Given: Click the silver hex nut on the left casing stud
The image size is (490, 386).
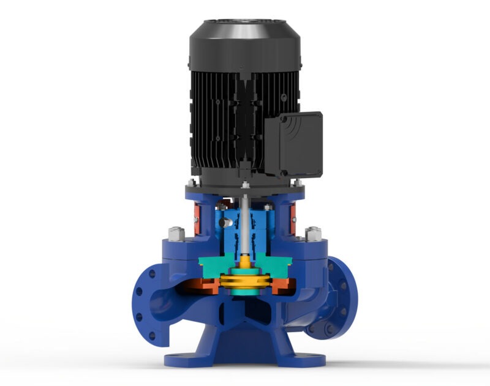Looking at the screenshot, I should [x=173, y=233].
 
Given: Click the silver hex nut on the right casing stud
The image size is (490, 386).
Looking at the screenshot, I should [x=314, y=233].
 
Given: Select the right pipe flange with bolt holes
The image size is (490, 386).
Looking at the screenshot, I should [x=340, y=300].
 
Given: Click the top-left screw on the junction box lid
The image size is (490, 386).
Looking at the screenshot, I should [x=271, y=122].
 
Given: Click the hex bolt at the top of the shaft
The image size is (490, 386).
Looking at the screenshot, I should [x=244, y=185].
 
